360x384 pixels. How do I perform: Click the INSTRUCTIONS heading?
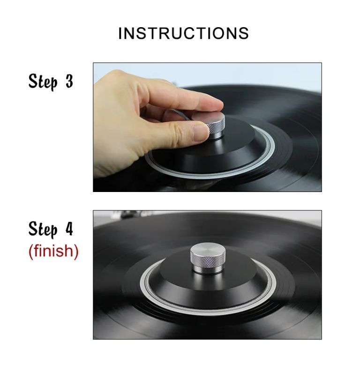tap(183, 33)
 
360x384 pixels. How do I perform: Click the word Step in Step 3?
tap(43, 82)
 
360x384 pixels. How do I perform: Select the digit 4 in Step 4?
tap(69, 229)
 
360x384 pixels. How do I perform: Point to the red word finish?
tap(53, 251)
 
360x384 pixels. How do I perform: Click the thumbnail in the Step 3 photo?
tap(201, 133)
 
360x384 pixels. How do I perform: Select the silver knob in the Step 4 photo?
tap(208, 258)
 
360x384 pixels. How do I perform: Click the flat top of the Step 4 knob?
tap(208, 250)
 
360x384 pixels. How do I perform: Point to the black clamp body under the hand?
tap(211, 149)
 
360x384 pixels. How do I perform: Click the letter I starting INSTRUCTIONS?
tap(120, 33)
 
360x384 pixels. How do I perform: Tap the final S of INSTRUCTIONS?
tap(244, 33)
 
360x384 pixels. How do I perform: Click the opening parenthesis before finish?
tap(31, 251)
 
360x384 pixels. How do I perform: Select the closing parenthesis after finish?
tap(76, 251)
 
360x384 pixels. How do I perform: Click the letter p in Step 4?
tap(53, 232)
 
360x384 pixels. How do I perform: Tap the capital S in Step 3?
tap(33, 81)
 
